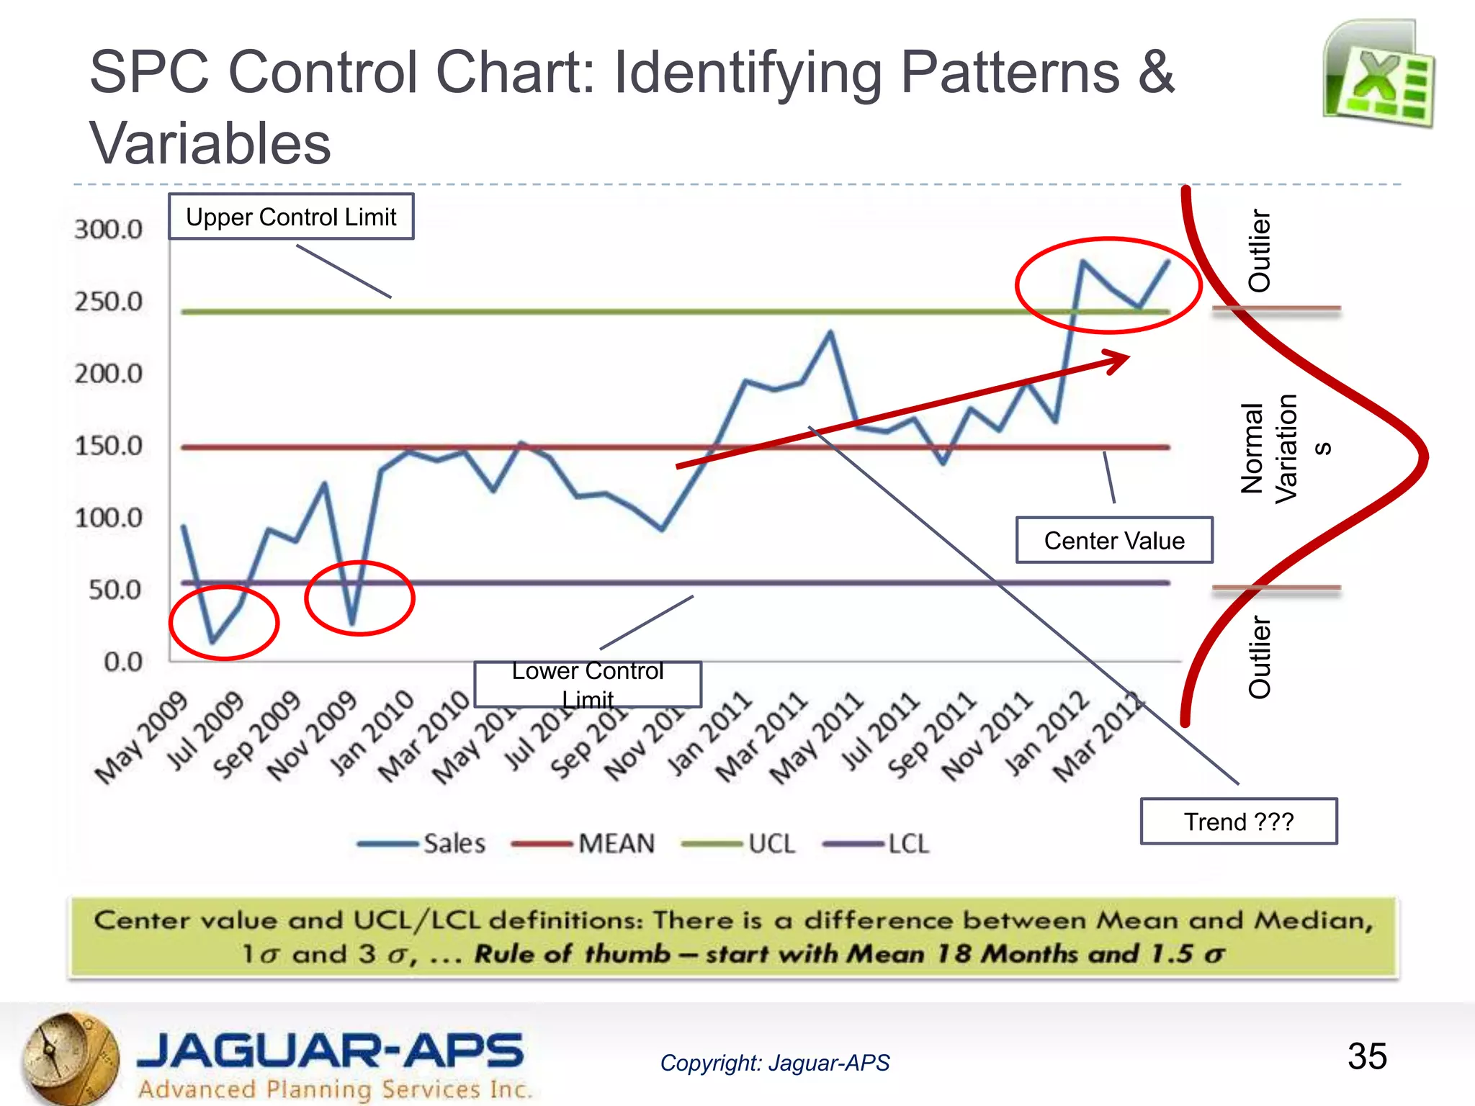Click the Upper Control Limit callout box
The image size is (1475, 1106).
[x=291, y=217]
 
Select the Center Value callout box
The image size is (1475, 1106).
[x=1113, y=540]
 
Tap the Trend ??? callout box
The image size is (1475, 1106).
[x=1238, y=821]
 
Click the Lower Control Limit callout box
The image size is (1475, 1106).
[x=587, y=684]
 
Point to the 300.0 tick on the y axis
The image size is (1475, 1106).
[x=108, y=230]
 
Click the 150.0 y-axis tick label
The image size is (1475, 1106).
[x=108, y=446]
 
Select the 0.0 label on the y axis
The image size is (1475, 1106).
[x=122, y=662]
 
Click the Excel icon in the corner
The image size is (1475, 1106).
[x=1378, y=74]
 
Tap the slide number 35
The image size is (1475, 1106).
[x=1366, y=1056]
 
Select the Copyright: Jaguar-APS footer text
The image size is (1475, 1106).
[x=774, y=1063]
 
